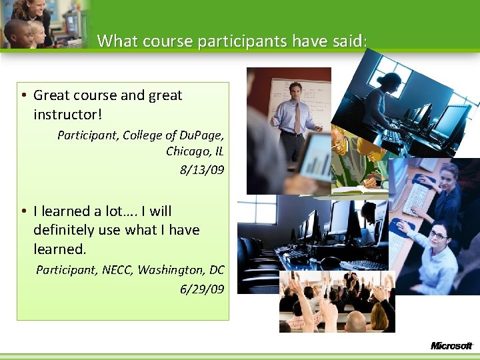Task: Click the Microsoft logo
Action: [x=451, y=345]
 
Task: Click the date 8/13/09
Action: [x=202, y=170]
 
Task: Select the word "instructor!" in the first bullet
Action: [x=68, y=115]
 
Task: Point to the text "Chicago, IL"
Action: [x=195, y=151]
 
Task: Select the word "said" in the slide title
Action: [x=346, y=41]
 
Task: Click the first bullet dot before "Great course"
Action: [x=23, y=95]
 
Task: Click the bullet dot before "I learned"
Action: [x=23, y=211]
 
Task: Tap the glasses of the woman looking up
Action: [x=437, y=235]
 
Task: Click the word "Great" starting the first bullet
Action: [x=51, y=95]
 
